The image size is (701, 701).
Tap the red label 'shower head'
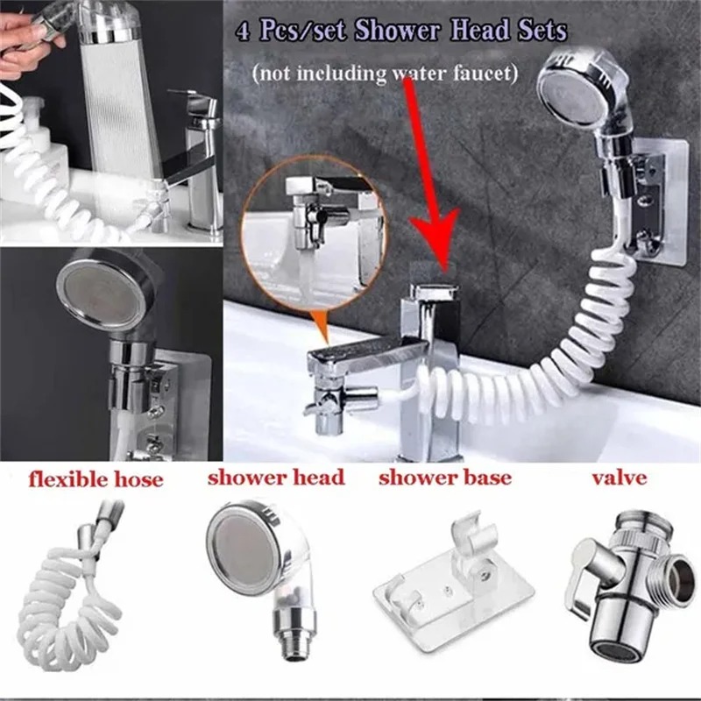(x=276, y=478)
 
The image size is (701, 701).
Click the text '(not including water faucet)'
(x=384, y=74)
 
